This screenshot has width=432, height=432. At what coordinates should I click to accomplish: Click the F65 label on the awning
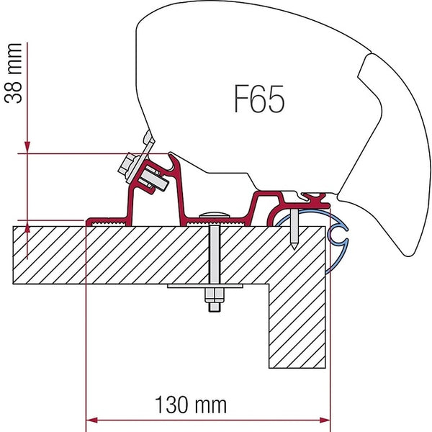click(x=258, y=99)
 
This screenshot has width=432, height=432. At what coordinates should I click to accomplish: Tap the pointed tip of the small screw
click(x=296, y=248)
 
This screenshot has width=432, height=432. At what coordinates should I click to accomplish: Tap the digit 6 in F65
click(x=258, y=99)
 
